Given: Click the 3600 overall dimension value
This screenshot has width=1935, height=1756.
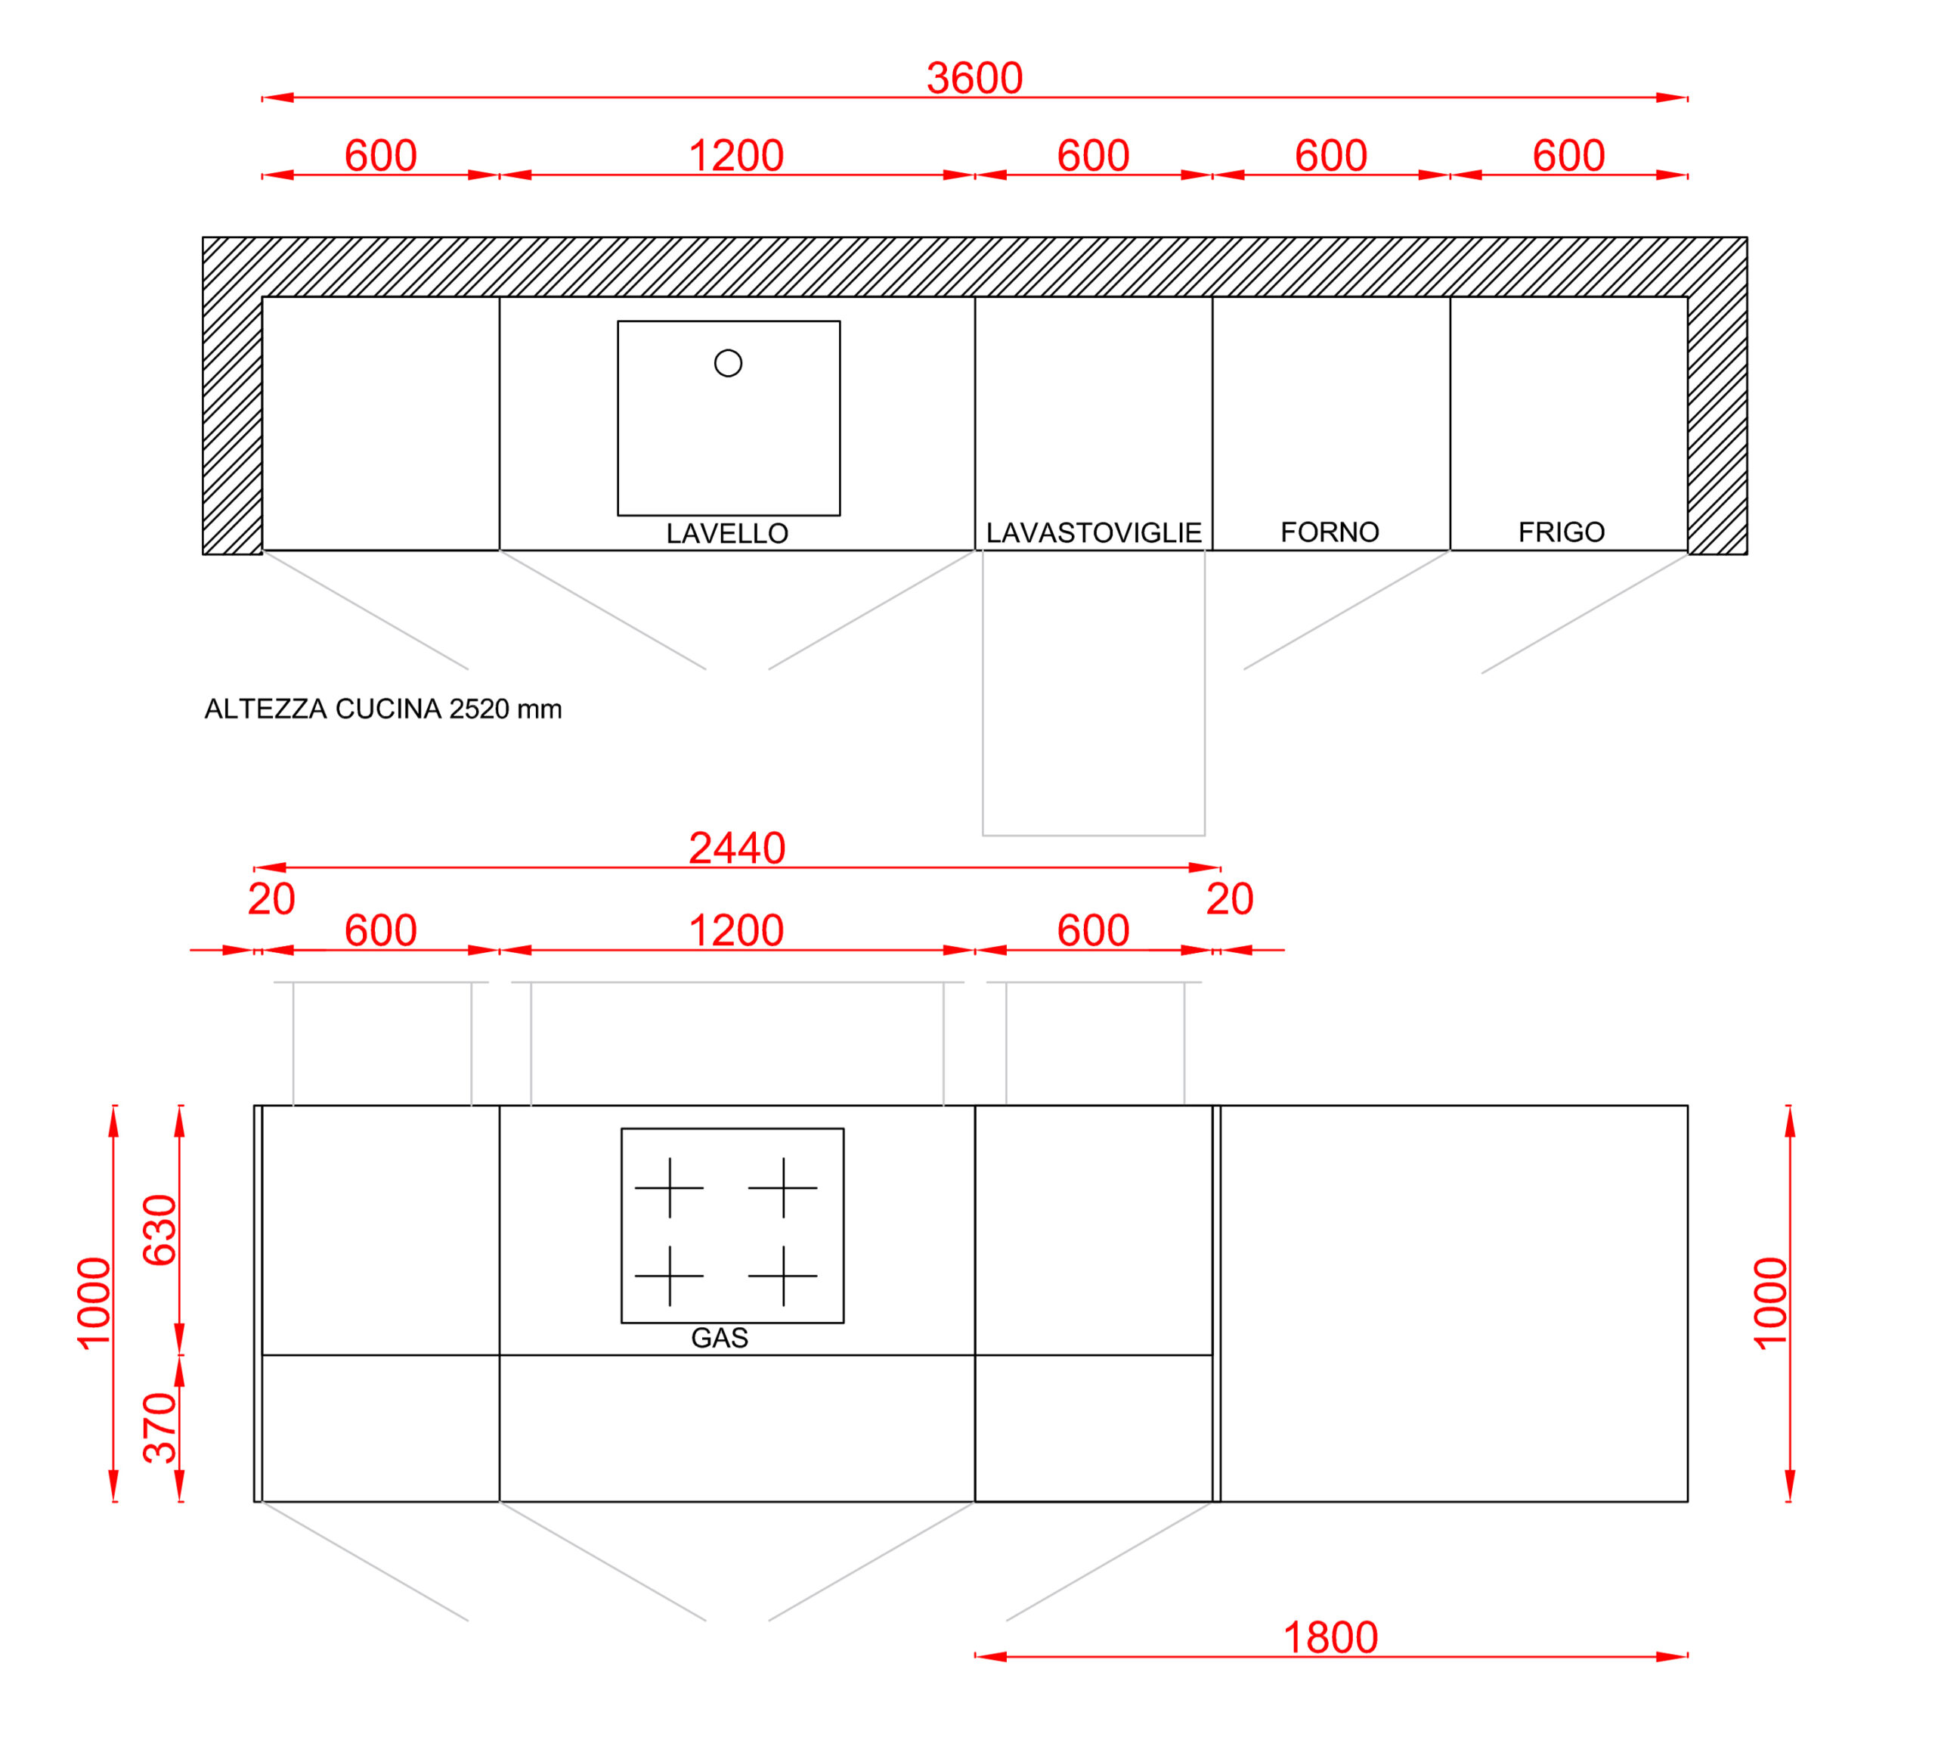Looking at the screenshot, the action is tap(974, 78).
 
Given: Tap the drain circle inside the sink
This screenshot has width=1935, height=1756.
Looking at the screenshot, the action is tap(729, 363).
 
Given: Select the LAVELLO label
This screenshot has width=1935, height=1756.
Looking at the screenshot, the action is tap(728, 534).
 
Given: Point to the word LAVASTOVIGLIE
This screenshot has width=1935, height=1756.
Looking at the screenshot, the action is tap(1094, 533).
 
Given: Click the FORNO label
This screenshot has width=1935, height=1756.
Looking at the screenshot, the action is tap(1330, 532).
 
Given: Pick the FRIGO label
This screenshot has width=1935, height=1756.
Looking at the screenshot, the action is tap(1562, 532).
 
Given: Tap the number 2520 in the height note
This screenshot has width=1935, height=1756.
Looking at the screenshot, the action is tap(479, 709).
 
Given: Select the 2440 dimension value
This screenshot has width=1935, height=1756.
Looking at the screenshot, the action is tap(737, 848).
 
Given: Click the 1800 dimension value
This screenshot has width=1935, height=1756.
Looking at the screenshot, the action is tap(1330, 1637).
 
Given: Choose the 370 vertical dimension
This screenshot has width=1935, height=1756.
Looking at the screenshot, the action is tap(160, 1428).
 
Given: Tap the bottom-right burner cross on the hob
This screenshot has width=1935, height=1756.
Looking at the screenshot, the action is tap(783, 1276).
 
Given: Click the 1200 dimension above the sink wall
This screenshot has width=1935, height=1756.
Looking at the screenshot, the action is tap(736, 156).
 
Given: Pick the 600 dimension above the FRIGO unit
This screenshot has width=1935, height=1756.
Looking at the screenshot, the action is tap(1568, 156).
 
